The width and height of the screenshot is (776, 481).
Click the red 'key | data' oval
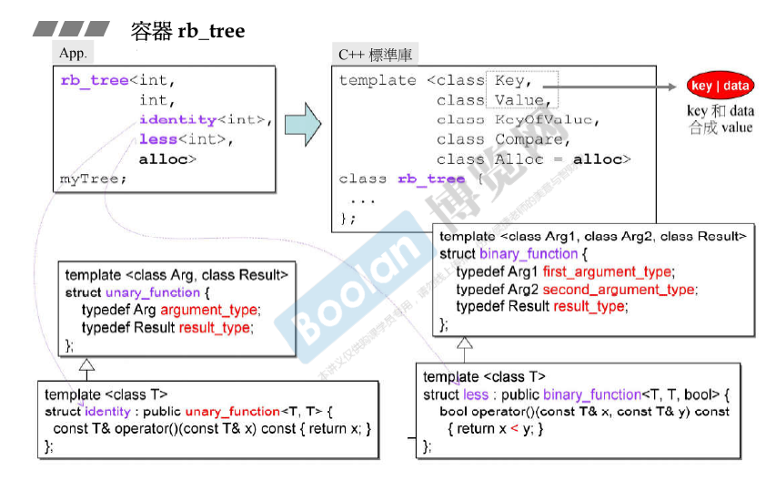(720, 87)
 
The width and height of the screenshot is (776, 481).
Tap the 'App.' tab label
(73, 54)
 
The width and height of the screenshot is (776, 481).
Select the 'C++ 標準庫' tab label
(375, 55)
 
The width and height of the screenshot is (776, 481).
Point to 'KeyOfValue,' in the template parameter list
(548, 119)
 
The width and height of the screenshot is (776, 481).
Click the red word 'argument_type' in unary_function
(209, 310)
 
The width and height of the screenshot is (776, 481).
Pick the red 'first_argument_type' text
(608, 271)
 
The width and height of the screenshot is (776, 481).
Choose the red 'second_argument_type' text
(620, 289)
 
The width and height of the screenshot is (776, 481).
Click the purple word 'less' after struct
(476, 394)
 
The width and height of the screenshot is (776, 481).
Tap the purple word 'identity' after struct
(108, 412)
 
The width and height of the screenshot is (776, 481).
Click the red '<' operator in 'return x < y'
(513, 428)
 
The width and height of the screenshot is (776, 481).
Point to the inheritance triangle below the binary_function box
(464, 343)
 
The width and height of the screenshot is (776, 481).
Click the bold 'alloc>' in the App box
(167, 159)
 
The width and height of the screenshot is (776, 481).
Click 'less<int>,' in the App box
(186, 139)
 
